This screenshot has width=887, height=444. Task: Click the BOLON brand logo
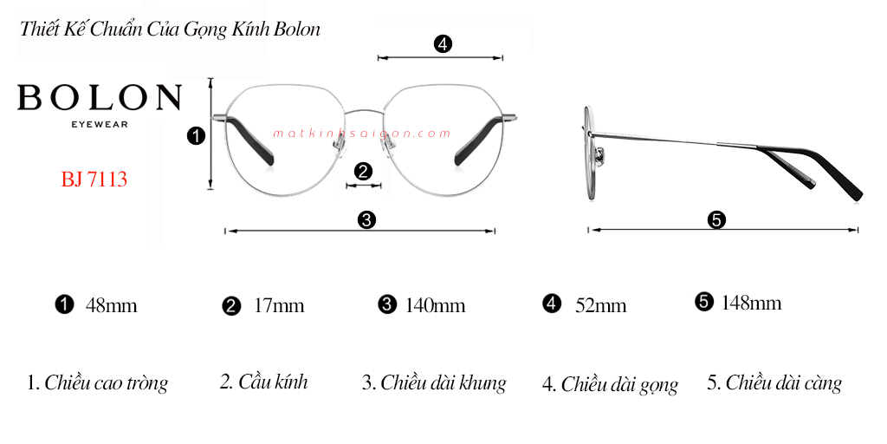tap(100, 97)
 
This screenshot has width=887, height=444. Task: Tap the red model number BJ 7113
tap(94, 180)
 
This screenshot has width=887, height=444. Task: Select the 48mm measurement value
tap(111, 306)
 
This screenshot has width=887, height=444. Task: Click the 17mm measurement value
tap(279, 306)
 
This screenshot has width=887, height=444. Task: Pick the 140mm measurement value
tap(435, 306)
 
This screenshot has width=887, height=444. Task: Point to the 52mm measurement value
tap(601, 306)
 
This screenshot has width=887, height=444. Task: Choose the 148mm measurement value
tap(751, 303)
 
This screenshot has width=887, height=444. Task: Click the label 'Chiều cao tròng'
tap(106, 382)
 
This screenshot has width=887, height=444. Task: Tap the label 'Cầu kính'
tap(273, 382)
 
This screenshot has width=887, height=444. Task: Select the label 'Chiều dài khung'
tap(443, 382)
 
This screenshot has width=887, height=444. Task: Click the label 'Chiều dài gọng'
tap(619, 384)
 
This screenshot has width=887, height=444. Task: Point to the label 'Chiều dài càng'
tap(784, 382)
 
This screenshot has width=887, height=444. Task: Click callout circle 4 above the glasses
tap(443, 43)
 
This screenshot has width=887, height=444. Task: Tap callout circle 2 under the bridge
tap(363, 171)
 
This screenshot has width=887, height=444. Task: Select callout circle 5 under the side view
tap(716, 219)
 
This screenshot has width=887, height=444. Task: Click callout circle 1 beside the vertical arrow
tap(196, 136)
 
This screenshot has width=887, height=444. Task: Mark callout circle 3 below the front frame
tap(366, 219)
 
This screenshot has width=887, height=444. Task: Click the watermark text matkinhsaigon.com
tap(361, 134)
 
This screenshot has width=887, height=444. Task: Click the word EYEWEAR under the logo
tap(100, 124)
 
